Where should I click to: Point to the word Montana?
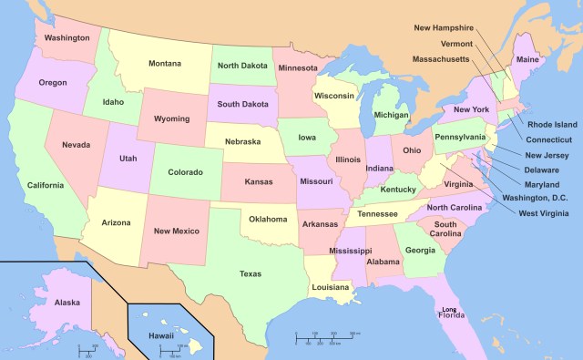click(166, 63)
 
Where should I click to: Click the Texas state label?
click(250, 273)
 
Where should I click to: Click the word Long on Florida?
click(449, 309)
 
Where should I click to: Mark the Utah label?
click(128, 158)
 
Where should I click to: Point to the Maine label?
click(527, 60)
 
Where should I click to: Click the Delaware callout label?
click(542, 170)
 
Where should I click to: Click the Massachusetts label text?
click(441, 59)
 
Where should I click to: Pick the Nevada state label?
click(76, 145)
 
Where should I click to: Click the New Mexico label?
click(177, 231)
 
